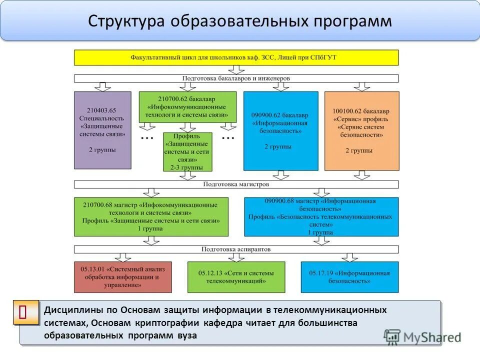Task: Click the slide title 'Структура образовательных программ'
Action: pyautogui.click(x=240, y=21)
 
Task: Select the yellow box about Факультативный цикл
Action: pyautogui.click(x=236, y=57)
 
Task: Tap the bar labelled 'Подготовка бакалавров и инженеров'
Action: pyautogui.click(x=236, y=78)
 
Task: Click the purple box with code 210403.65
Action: pyautogui.click(x=102, y=130)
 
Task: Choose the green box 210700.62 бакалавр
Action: pyautogui.click(x=187, y=107)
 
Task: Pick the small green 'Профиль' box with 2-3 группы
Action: pyautogui.click(x=187, y=151)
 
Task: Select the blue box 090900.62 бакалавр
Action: pyautogui.click(x=280, y=131)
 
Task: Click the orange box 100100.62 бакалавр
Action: pyautogui.click(x=361, y=131)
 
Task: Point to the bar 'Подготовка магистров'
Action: pyautogui.click(x=236, y=184)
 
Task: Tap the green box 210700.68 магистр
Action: pyautogui.click(x=151, y=216)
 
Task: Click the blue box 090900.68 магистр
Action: pyautogui.click(x=321, y=216)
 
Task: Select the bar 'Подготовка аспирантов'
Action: pyautogui.click(x=236, y=249)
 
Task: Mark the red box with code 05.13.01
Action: pyautogui.click(x=122, y=277)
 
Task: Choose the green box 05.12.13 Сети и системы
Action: pyautogui.click(x=236, y=277)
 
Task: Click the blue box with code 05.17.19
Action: pyautogui.click(x=349, y=277)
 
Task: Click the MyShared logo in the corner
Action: pyautogui.click(x=422, y=336)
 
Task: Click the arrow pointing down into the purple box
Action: pyautogui.click(x=102, y=87)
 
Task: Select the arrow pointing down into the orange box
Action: pyautogui.click(x=361, y=87)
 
